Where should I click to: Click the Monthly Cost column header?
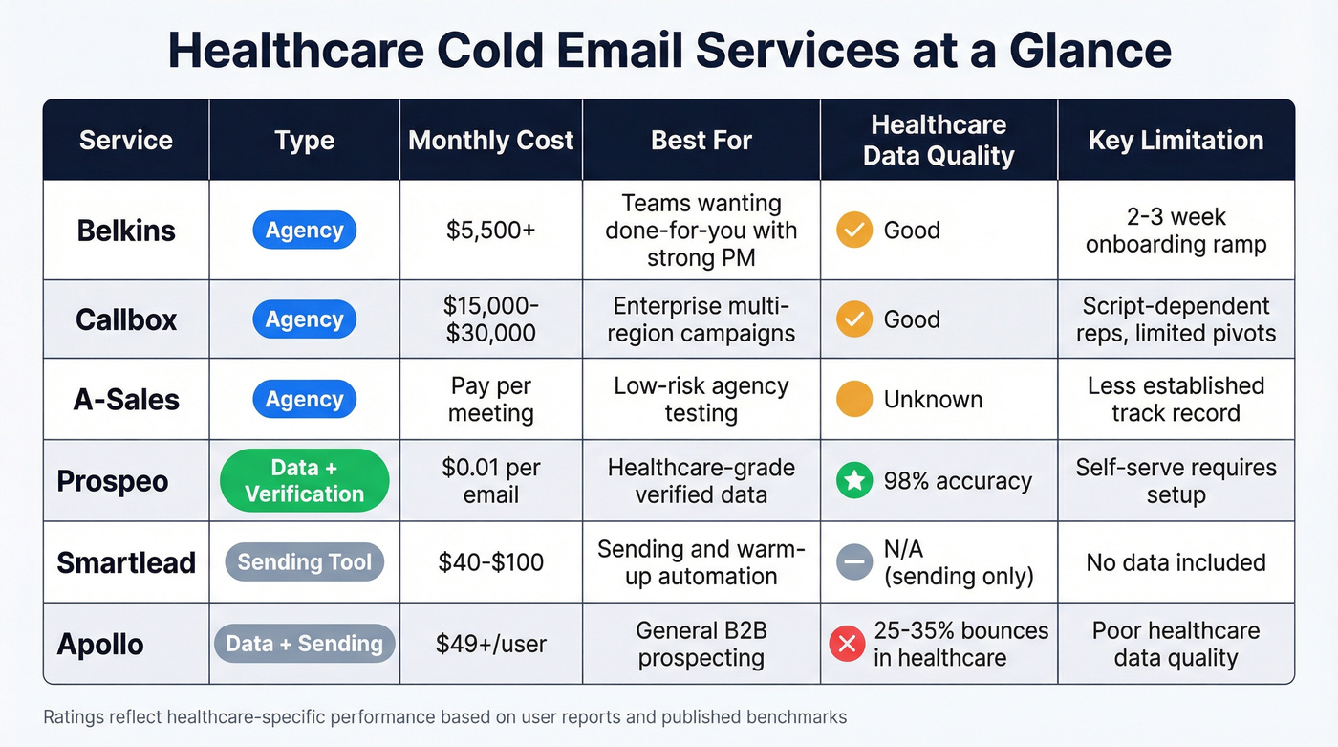[x=490, y=141]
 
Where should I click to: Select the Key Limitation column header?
[x=1176, y=141]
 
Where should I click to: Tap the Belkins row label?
[x=126, y=231]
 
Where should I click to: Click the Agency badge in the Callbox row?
[x=304, y=319]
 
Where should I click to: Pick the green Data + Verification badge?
[x=304, y=481]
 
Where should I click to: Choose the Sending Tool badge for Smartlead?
[x=304, y=562]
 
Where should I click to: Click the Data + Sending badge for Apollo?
[x=304, y=644]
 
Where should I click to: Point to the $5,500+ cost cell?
[x=490, y=231]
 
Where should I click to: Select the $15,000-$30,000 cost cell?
[x=490, y=319]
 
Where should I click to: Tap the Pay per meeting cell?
[x=490, y=400]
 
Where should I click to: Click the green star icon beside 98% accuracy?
[x=853, y=481]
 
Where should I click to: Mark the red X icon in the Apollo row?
[x=846, y=644]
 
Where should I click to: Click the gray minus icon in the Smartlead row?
[x=853, y=562]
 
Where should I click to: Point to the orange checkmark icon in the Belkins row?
[x=853, y=231]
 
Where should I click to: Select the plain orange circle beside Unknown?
[x=853, y=400]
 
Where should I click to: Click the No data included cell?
[x=1176, y=562]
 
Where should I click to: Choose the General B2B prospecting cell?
[x=701, y=644]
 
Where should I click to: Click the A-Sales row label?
[x=126, y=400]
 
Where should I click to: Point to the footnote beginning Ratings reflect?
[x=444, y=716]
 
